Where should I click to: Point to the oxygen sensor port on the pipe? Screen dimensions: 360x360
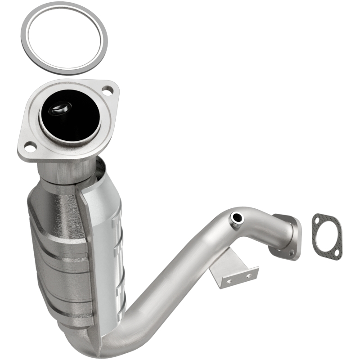point(236,218)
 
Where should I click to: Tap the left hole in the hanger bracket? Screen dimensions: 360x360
point(228,281)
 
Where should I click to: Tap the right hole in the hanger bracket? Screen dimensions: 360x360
point(247,274)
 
